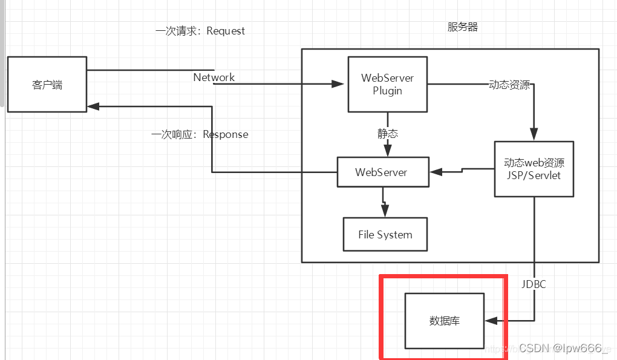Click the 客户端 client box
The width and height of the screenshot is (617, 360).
47,85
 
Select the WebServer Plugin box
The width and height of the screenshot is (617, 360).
387,85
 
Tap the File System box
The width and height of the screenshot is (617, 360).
385,235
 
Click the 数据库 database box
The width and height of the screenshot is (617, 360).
444,321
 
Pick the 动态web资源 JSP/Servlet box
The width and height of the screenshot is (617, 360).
534,169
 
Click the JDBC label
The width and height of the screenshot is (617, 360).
534,283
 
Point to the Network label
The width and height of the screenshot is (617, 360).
214,77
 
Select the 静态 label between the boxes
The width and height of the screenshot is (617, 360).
388,134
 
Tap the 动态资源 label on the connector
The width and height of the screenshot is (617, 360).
509,85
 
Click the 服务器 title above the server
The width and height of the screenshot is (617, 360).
463,27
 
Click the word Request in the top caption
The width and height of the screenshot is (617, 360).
226,31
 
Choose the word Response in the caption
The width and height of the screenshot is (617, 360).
225,134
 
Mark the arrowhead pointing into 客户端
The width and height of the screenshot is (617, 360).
92,106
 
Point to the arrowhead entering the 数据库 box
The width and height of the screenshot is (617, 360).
491,321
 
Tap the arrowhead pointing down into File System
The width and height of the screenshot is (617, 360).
384,212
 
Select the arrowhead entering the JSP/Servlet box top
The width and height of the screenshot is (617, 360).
534,136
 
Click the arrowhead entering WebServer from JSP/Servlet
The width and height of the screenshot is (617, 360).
434,172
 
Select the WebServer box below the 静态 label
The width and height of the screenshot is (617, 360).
382,172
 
